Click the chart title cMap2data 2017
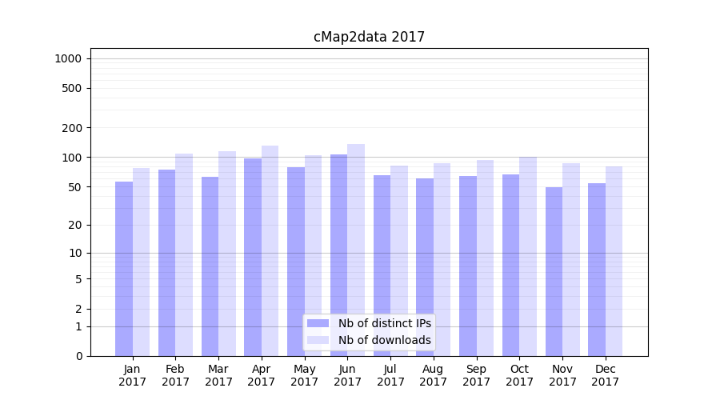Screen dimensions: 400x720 coord(369,37)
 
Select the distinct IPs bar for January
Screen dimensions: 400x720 coord(124,268)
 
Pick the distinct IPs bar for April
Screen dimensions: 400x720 coord(253,257)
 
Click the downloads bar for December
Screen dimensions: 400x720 coord(614,261)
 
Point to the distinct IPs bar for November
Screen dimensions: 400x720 coord(554,271)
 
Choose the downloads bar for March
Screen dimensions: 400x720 coord(227,253)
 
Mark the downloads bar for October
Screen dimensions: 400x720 coord(528,256)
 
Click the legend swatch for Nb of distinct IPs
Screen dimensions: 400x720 coord(318,323)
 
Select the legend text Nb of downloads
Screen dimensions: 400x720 coord(384,340)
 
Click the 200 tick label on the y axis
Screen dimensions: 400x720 coord(72,128)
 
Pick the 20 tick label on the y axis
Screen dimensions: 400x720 coord(74,225)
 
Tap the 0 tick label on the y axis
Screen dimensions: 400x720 coord(78,356)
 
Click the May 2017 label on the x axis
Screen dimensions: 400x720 coord(305,375)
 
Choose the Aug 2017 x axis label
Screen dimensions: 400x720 coord(434,375)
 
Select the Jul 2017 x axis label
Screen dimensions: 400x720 coord(390,375)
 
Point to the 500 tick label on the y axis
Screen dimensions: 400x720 coord(72,88)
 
